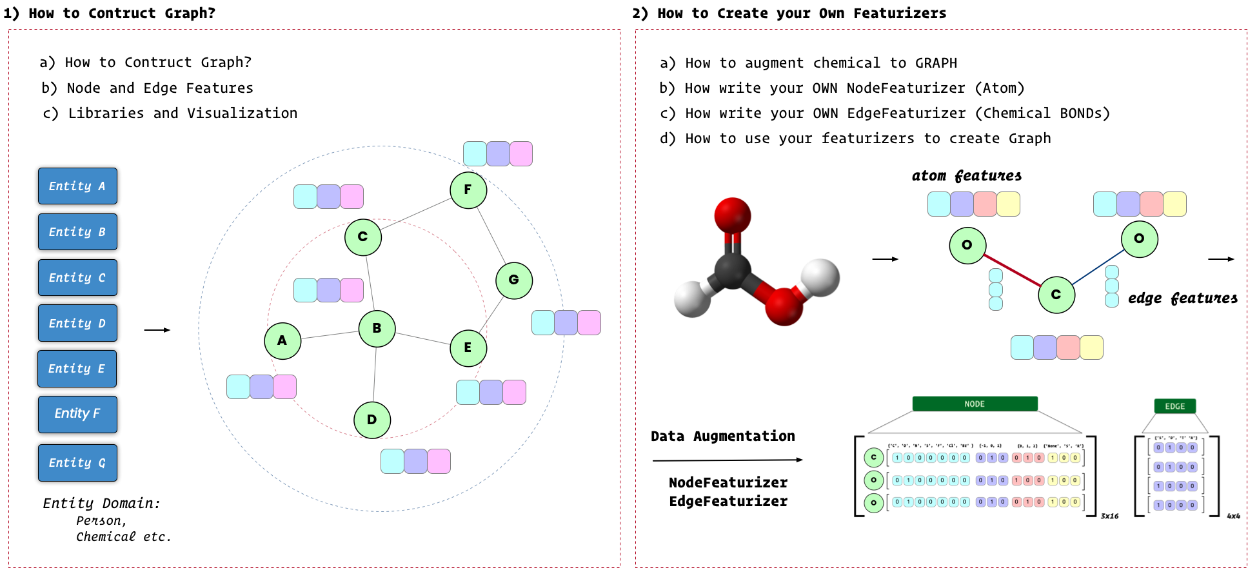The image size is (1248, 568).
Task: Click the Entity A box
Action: [x=77, y=186]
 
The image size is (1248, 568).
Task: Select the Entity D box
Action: [x=77, y=323]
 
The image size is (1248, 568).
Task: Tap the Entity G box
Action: [x=77, y=463]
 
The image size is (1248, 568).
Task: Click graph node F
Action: [x=468, y=190]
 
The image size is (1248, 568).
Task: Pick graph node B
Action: [x=377, y=329]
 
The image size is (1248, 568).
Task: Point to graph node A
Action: [x=282, y=341]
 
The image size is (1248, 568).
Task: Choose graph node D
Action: [x=372, y=420]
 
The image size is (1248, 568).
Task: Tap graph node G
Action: [x=514, y=280]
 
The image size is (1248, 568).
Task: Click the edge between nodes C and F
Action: [x=416, y=213]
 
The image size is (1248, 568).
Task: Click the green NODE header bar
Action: [x=975, y=404]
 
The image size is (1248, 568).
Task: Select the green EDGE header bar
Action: [x=1174, y=406]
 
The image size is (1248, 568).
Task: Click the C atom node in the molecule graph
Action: [x=1056, y=295]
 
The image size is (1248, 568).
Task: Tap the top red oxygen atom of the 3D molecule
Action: [x=733, y=215]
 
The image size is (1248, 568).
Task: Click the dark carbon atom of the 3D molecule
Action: [x=733, y=269]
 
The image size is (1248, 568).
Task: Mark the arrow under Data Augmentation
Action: [x=728, y=460]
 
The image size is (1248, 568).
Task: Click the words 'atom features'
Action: [x=966, y=175]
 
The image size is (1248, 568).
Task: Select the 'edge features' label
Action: [x=1182, y=298]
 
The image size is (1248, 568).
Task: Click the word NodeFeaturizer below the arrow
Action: [x=728, y=482]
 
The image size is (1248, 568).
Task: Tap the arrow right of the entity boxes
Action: [x=157, y=330]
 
